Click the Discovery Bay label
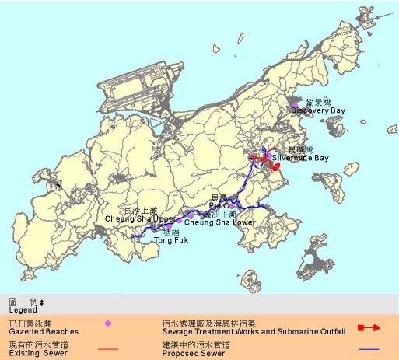[x=317, y=111]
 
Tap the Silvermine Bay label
[x=300, y=159]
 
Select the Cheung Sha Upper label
[x=141, y=219]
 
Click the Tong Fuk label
[x=170, y=241]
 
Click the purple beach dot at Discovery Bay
[x=295, y=105]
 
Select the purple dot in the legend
[x=108, y=322]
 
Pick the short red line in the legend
[x=108, y=349]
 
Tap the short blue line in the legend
[x=369, y=349]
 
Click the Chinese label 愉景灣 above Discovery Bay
[x=319, y=103]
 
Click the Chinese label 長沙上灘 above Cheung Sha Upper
[x=141, y=211]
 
